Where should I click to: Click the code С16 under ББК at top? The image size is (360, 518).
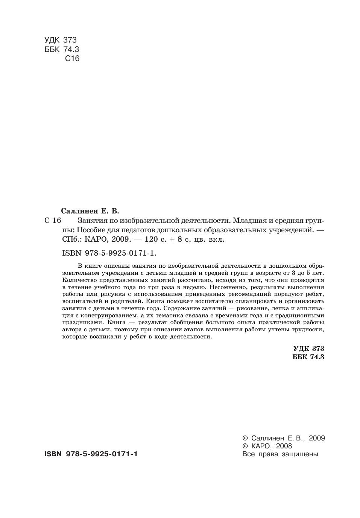pos(72,59)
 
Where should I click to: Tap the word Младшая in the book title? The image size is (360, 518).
pos(250,220)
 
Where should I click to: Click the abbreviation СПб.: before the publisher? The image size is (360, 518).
pos(71,239)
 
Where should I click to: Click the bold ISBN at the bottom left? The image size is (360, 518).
pos(91,454)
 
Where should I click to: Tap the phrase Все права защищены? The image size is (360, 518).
pos(280,454)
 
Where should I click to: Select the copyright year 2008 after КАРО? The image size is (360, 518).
pos(284,446)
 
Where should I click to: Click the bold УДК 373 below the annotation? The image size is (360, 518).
pos(308,349)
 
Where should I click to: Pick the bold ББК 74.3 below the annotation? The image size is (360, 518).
pos(308,357)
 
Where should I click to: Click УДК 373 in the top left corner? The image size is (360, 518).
pos(60,40)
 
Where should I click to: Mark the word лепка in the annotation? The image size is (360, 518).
pos(281,308)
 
